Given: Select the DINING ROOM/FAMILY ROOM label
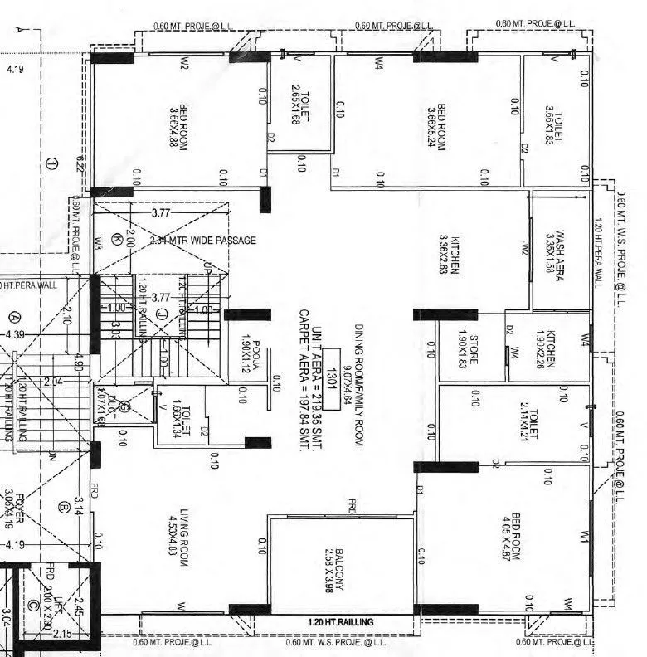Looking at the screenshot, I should pyautogui.click(x=359, y=386).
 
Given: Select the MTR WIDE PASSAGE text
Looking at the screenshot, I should pyautogui.click(x=213, y=241).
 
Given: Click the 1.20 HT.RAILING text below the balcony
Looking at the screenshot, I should pyautogui.click(x=340, y=622).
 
